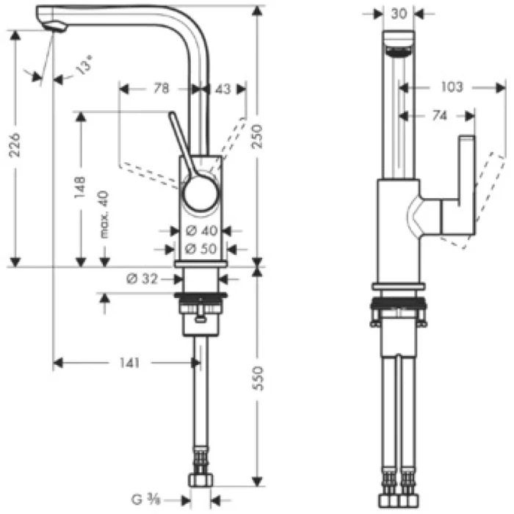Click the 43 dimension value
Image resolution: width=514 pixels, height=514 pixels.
pyautogui.click(x=222, y=89)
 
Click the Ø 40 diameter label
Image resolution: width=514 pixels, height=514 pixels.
pyautogui.click(x=198, y=230)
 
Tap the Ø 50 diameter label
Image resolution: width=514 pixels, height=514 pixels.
pyautogui.click(x=198, y=248)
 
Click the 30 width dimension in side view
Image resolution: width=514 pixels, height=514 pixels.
pyautogui.click(x=399, y=13)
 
